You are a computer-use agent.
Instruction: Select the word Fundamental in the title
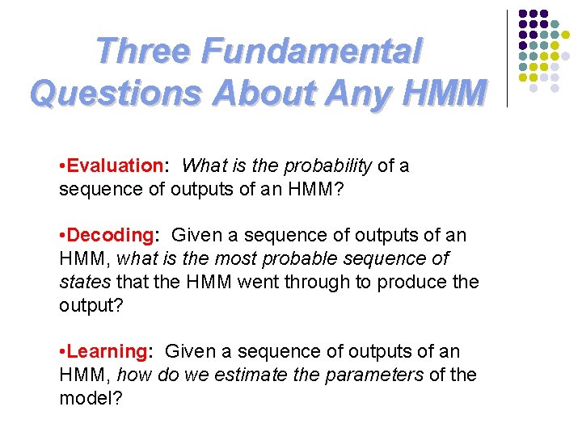pyautogui.click(x=312, y=52)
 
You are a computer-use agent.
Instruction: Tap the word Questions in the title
pyautogui.click(x=115, y=93)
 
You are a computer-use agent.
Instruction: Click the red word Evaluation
pyautogui.click(x=115, y=166)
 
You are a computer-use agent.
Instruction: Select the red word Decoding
pyautogui.click(x=112, y=236)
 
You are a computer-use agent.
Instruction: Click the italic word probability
pyautogui.click(x=332, y=166)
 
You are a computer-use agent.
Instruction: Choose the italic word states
pyautogui.click(x=85, y=283)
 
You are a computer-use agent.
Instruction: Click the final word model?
pyautogui.click(x=90, y=399)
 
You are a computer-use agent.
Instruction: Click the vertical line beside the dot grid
pyautogui.click(x=507, y=58)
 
